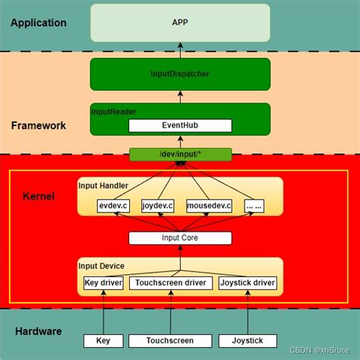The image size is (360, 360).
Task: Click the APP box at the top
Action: (180, 23)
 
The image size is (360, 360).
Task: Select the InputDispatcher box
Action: (180, 74)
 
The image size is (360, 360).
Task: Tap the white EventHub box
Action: (180, 125)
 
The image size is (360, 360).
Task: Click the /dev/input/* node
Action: (180, 154)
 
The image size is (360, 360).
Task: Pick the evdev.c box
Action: (114, 205)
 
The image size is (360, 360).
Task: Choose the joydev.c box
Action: (158, 205)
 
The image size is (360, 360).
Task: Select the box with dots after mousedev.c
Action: (254, 205)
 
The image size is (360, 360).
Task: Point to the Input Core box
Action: (180, 238)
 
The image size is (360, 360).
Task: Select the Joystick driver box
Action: (248, 284)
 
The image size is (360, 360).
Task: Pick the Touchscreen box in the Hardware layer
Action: (169, 340)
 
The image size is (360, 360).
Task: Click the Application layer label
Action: (38, 23)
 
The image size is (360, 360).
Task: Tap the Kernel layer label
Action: (38, 197)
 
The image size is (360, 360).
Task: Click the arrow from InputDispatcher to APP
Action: (180, 50)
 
